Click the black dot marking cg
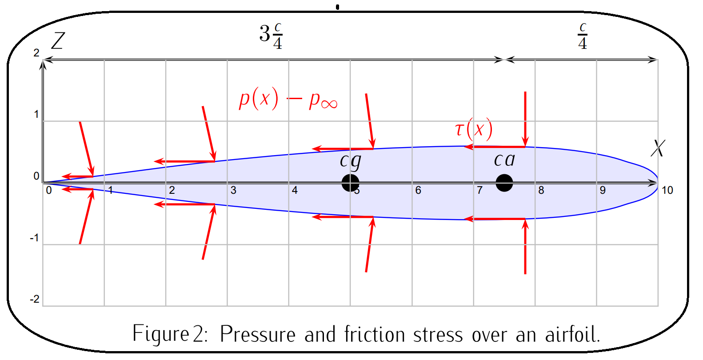tap(350, 183)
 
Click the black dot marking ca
tap(504, 183)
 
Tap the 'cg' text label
tap(351, 161)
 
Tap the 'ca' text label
tap(504, 160)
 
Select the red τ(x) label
tap(474, 129)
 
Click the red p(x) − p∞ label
tap(288, 99)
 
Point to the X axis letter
tap(658, 148)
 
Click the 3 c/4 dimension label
tap(271, 36)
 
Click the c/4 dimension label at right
tap(583, 36)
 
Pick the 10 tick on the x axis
tap(667, 190)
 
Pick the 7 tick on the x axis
tap(479, 190)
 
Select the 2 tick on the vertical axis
tap(36, 53)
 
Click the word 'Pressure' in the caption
tap(257, 334)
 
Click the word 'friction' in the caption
tap(375, 334)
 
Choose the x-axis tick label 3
tap(233, 190)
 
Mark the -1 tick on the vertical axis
tap(34, 238)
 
